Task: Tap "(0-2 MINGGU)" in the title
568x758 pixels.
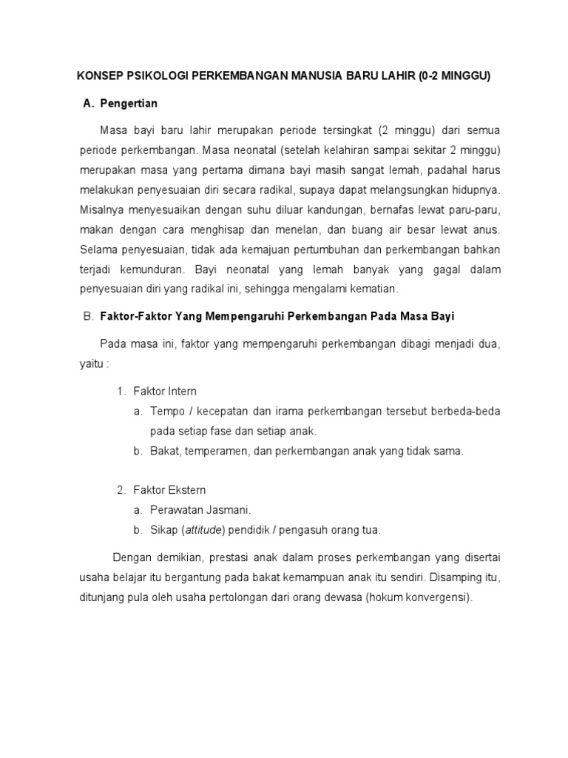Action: click(x=456, y=76)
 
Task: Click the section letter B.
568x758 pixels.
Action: click(x=87, y=317)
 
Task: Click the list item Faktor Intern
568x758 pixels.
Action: click(x=165, y=392)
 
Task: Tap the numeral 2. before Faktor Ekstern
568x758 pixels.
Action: click(x=123, y=491)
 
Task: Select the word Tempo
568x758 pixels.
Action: click(x=166, y=411)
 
